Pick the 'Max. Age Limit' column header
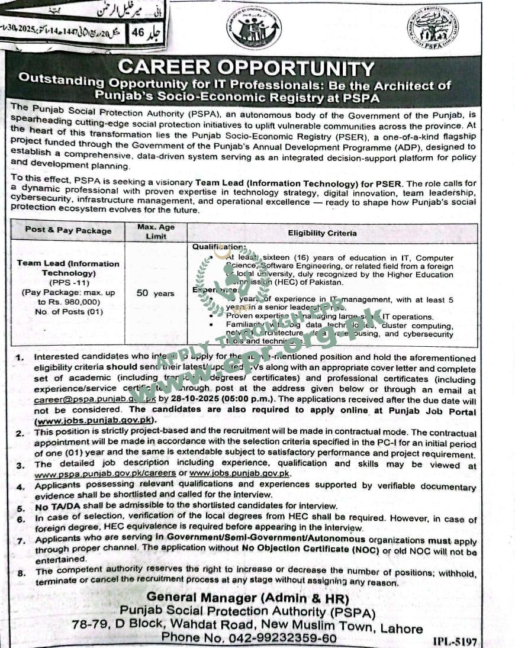[x=156, y=231]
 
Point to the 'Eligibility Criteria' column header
[x=322, y=233]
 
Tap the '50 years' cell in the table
[x=155, y=293]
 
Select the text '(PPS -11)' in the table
[x=68, y=282]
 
